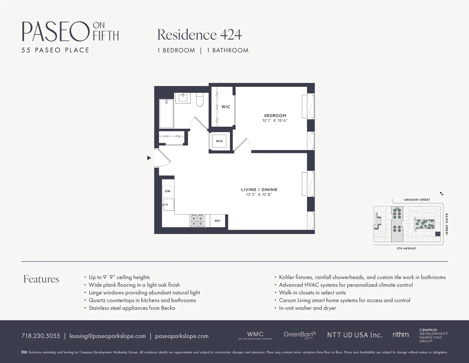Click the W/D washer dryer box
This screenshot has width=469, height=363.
coord(219,141)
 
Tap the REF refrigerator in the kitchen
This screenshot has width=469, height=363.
coord(217,221)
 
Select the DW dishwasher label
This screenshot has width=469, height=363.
coord(168,191)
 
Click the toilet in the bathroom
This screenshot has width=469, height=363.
coord(200,100)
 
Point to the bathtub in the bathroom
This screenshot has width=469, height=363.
coord(166,113)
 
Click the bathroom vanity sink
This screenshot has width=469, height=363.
coord(183,98)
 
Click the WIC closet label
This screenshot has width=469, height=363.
coord(226,107)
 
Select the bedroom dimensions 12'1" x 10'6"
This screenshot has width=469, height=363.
coord(275,121)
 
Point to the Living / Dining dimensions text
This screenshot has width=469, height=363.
coord(259,195)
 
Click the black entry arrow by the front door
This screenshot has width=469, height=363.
coord(149,158)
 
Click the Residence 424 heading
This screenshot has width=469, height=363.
coord(199,35)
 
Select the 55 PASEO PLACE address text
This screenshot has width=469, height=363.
coord(55,50)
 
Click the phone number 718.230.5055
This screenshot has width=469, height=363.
coord(41,336)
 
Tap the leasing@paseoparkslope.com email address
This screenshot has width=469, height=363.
coord(107,336)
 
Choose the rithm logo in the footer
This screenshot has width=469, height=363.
coord(400,335)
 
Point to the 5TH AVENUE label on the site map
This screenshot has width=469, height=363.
coord(406,249)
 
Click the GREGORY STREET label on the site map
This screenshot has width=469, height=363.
coord(417,200)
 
